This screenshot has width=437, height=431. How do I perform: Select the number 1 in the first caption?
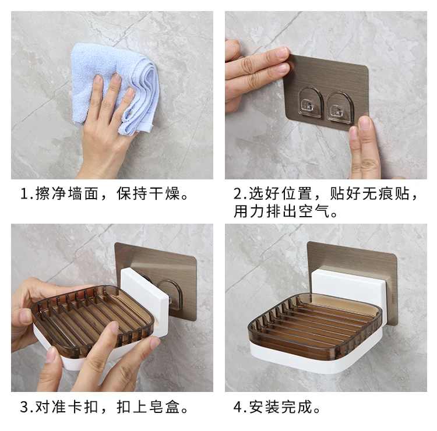tap(24, 194)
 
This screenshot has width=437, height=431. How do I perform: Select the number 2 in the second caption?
tap(238, 194)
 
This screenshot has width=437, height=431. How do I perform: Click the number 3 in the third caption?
tap(24, 407)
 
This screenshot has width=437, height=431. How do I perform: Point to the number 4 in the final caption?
tap(238, 407)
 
